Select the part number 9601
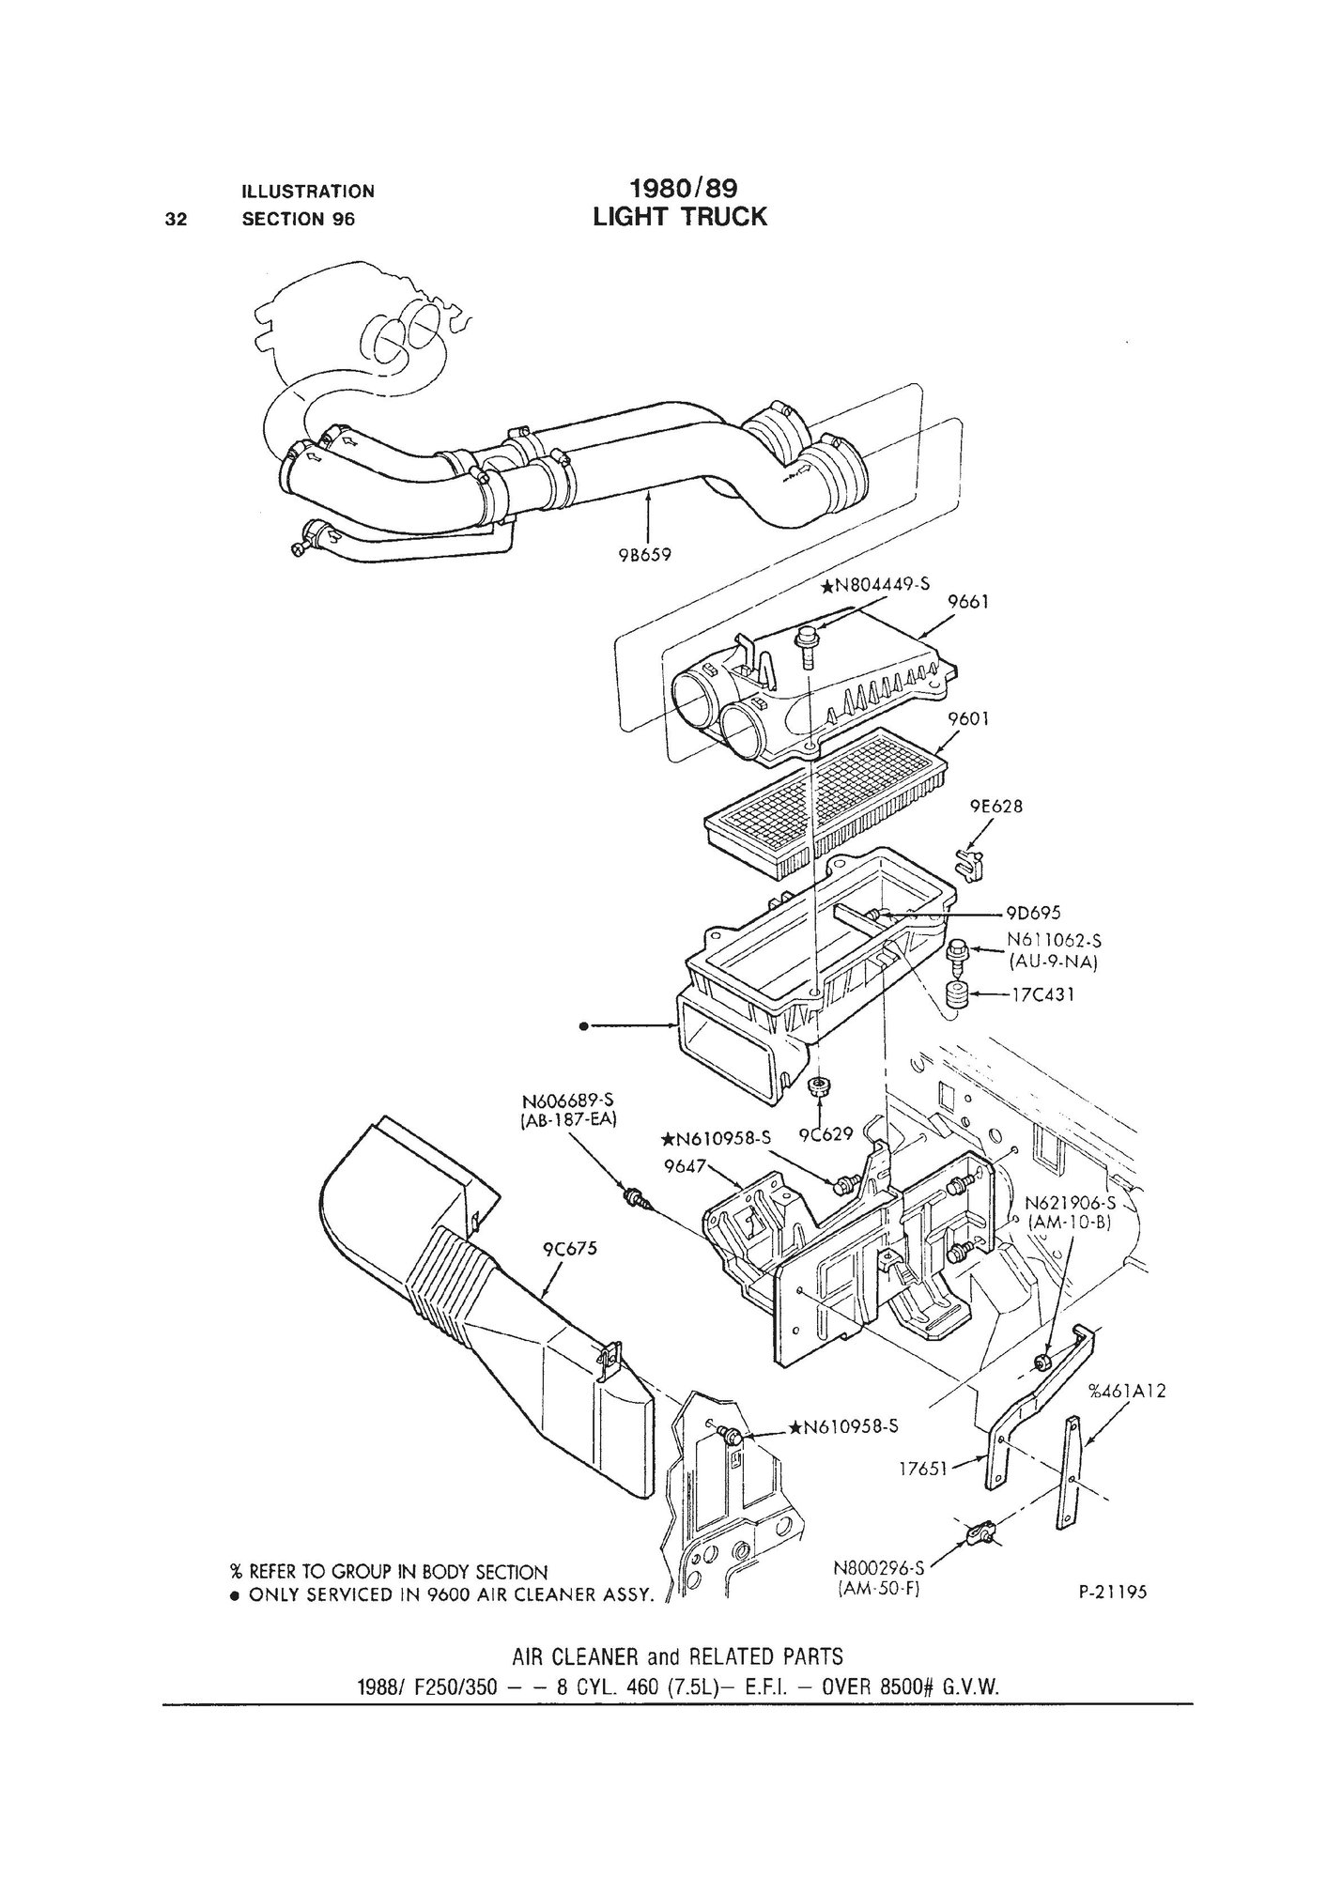pos(966,718)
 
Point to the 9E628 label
pos(995,806)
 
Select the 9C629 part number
pos(825,1135)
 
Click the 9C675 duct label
pos(569,1250)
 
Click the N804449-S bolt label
pos(874,585)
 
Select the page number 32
pos(175,219)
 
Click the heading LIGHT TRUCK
pos(680,217)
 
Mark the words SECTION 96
pos(299,219)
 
